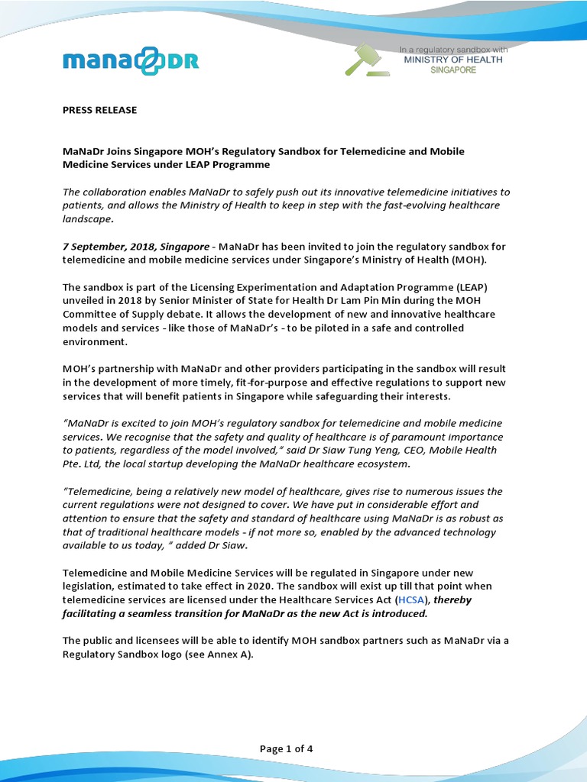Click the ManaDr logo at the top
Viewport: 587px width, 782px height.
click(x=130, y=60)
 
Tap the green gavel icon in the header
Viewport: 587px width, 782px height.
click(x=366, y=60)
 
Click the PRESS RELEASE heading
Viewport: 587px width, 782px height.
click(x=99, y=110)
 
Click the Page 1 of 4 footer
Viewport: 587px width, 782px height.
click(x=287, y=748)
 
